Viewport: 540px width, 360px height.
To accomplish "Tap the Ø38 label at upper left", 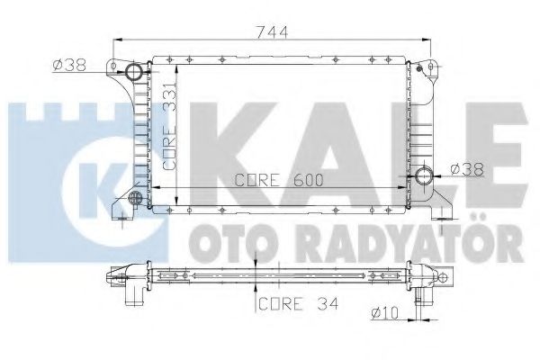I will click(x=68, y=66).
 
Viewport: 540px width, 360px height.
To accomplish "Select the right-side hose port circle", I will click(x=424, y=175).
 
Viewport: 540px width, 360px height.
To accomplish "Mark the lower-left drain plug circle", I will click(x=135, y=198).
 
